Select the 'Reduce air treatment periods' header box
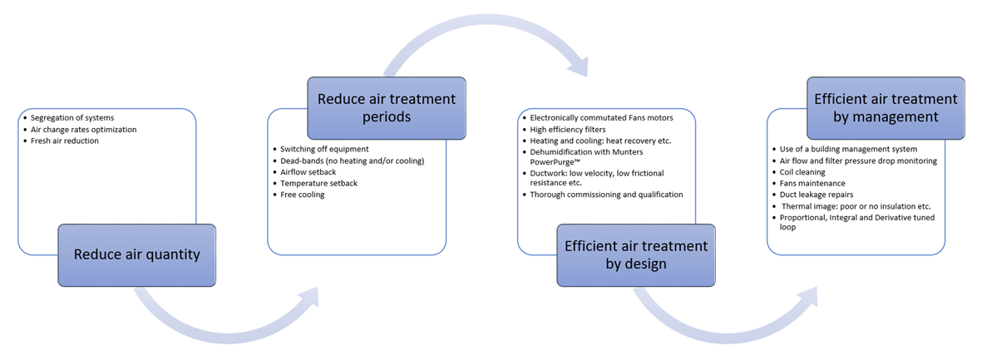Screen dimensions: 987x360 386,108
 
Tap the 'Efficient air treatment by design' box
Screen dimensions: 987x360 635,254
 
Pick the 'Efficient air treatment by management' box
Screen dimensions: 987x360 886,107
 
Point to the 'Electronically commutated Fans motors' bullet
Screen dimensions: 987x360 601,118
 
